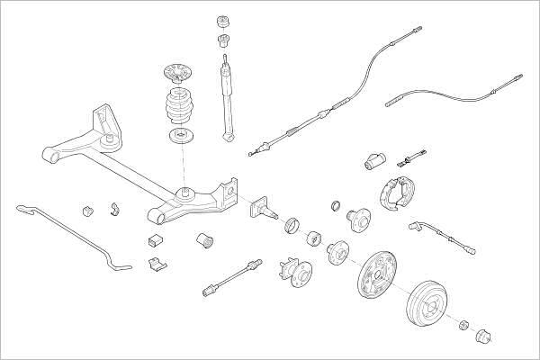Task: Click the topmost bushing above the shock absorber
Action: (x=223, y=22)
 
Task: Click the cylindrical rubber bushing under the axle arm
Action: (x=204, y=240)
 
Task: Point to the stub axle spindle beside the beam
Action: (x=264, y=210)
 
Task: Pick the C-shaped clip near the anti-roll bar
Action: (x=115, y=211)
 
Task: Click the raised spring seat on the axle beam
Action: (x=184, y=191)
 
